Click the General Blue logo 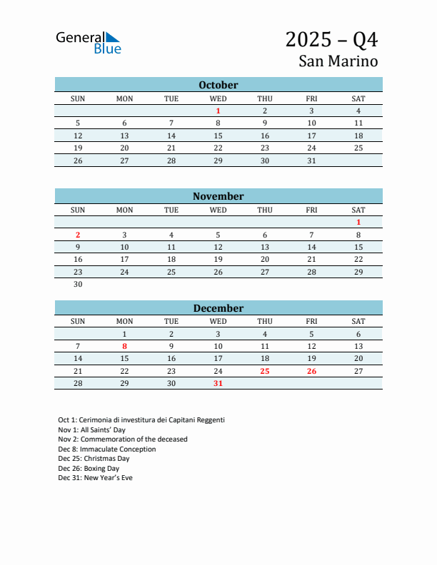[89, 43]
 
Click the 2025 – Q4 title [331, 39]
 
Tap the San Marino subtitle [338, 61]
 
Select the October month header [218, 85]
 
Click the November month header [218, 196]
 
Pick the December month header [218, 308]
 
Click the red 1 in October [218, 111]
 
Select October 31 [311, 161]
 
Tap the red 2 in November [78, 235]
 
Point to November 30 [78, 284]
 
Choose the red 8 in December [124, 346]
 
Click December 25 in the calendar [265, 371]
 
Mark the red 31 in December [218, 384]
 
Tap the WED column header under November [218, 210]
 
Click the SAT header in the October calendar [358, 98]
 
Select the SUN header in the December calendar [78, 321]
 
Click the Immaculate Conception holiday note [107, 449]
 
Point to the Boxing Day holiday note [89, 469]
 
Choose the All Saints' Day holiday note [91, 429]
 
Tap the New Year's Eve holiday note [95, 478]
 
